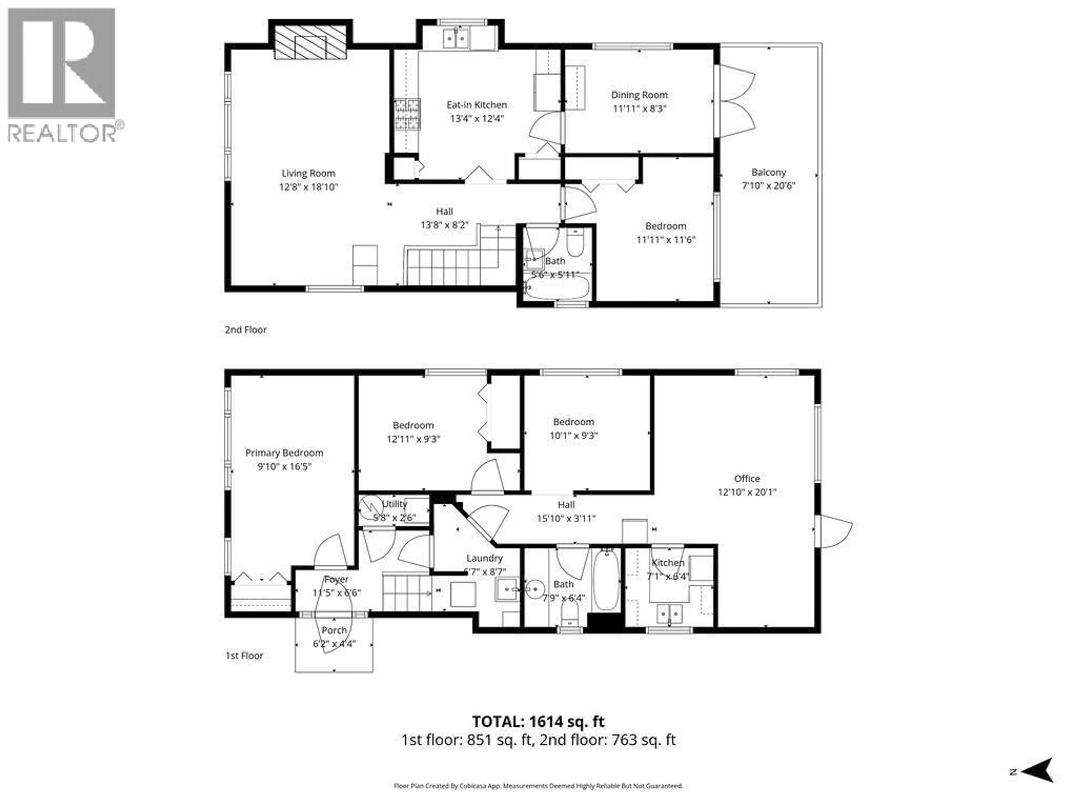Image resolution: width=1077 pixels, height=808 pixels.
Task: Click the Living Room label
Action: pos(308,173)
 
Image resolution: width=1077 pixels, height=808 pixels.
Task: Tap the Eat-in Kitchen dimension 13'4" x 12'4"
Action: pos(477,118)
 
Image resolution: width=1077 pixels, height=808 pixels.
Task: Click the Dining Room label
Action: pos(639,95)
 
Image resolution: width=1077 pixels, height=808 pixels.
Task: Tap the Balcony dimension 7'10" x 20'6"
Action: pos(768,185)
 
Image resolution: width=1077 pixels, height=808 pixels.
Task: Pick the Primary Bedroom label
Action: pos(284,453)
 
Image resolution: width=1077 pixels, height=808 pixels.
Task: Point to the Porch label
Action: pos(334,630)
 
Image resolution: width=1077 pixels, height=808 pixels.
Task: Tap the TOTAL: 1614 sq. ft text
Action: pos(538,721)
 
